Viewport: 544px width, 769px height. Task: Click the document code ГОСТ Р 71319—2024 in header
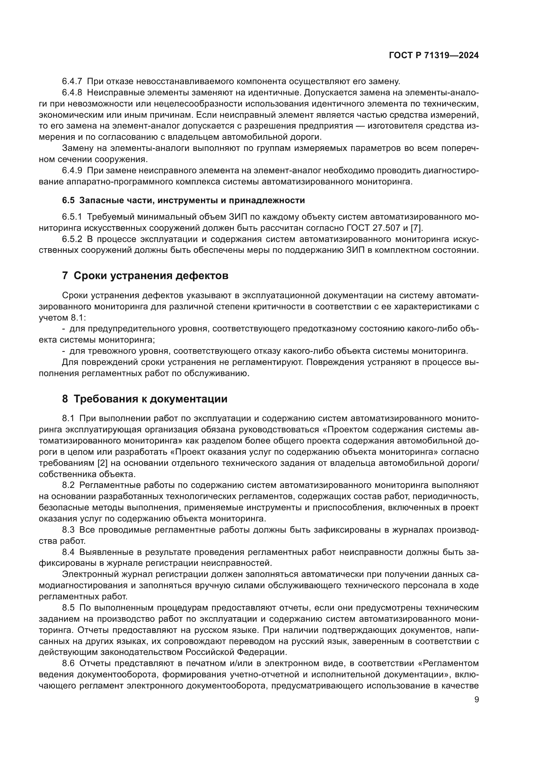coord(434,56)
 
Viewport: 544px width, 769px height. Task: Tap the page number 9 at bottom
coord(477,700)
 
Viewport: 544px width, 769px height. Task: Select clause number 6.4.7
coord(72,82)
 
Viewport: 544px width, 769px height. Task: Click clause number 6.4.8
coord(72,93)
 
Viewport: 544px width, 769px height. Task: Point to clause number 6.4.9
coord(72,171)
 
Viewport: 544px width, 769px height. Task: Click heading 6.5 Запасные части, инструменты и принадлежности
coord(183,200)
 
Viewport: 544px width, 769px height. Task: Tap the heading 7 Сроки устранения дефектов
coord(145,276)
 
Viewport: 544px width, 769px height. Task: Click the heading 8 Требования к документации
coord(145,399)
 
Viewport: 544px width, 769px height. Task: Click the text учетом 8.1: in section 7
coord(62,318)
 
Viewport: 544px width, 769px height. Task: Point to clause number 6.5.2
coord(72,239)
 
